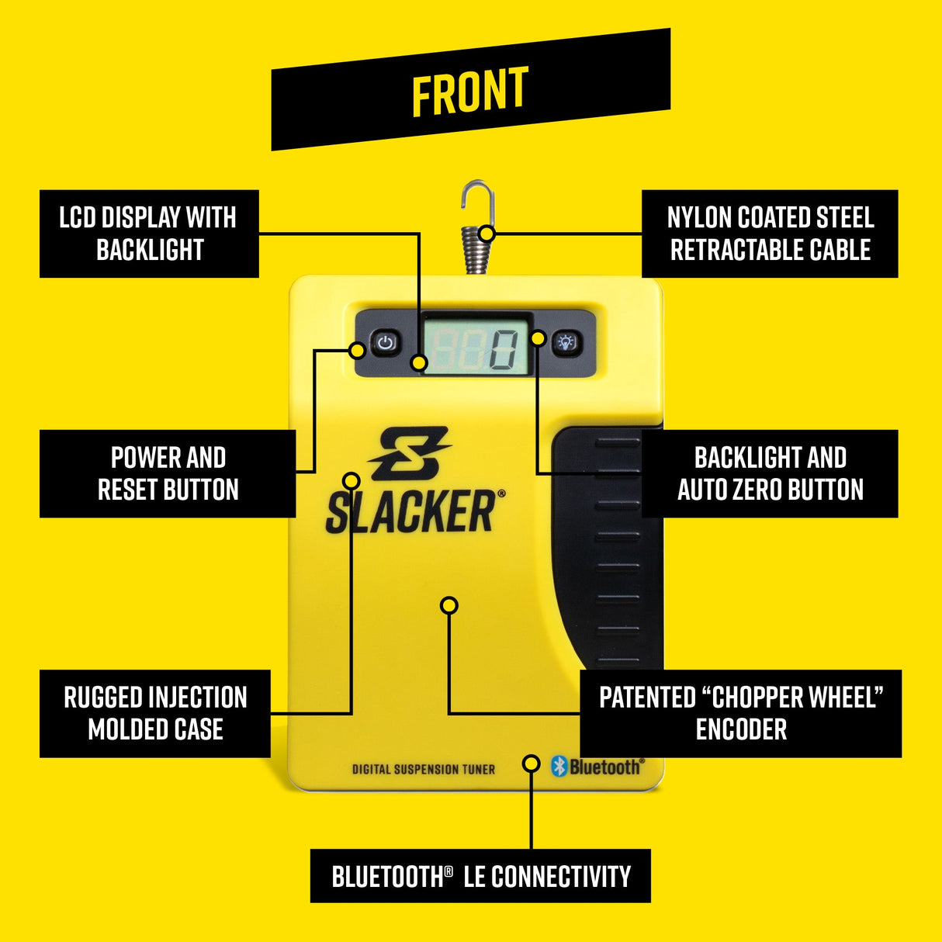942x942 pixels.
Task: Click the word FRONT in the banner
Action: pos(469,91)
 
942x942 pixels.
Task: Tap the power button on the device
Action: pos(386,343)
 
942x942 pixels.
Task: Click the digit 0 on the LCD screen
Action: pos(502,349)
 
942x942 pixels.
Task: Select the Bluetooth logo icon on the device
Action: pos(559,767)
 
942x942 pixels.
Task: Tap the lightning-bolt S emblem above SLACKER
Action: pos(409,453)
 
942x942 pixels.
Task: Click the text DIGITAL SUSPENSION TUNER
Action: pos(423,769)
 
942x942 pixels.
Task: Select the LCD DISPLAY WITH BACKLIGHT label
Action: pos(149,234)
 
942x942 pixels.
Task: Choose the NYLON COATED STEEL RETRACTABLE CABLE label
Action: pos(770,234)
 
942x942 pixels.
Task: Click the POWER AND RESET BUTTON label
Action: pos(168,473)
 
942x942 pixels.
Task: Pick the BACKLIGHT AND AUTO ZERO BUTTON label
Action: pos(770,473)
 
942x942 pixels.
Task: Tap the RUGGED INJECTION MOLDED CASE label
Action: pos(155,713)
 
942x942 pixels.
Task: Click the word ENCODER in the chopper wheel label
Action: pos(741,729)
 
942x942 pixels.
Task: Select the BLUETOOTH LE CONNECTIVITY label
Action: pos(480,876)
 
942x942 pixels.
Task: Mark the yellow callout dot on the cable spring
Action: pos(487,233)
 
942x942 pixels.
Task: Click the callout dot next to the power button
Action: pos(358,350)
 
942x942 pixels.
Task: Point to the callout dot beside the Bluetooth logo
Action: pos(532,764)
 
